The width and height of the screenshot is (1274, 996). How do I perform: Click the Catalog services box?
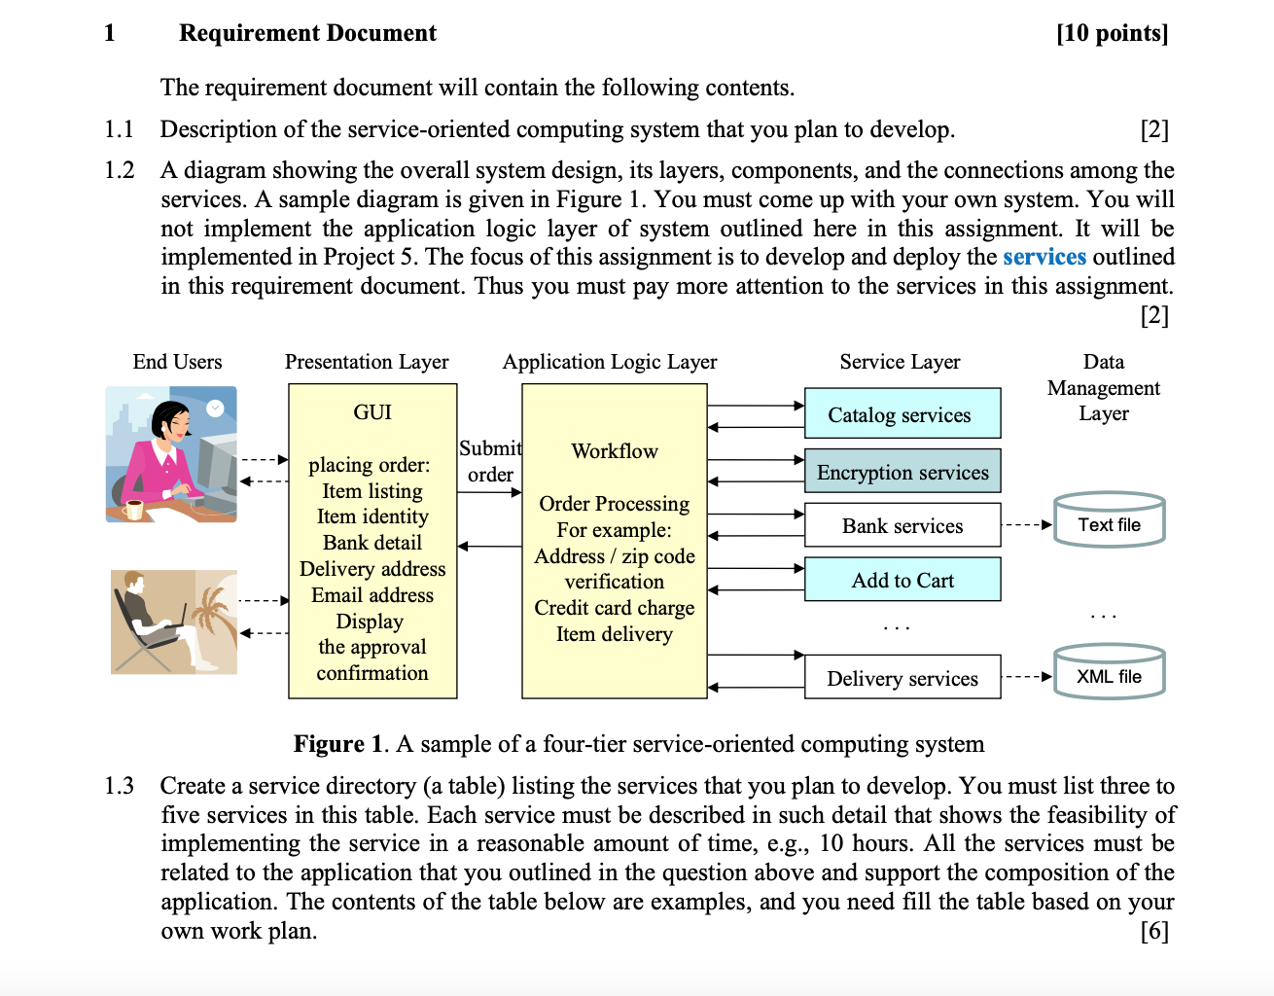[x=902, y=414]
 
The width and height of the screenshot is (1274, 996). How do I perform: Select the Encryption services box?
[x=902, y=472]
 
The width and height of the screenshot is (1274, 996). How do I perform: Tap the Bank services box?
[x=902, y=526]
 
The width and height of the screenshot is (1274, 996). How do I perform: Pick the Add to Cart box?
[x=902, y=581]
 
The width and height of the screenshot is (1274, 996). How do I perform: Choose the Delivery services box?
[x=902, y=678]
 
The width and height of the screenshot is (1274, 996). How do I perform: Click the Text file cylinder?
[x=1109, y=520]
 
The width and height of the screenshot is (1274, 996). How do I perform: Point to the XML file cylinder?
[x=1109, y=672]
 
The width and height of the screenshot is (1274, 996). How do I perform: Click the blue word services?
[x=1044, y=257]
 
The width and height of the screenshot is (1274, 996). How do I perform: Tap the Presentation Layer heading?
[x=367, y=362]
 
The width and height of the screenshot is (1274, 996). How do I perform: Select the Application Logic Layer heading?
[x=610, y=362]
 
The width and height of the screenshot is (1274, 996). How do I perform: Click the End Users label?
[x=177, y=362]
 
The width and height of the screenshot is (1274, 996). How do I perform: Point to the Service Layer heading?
[x=900, y=362]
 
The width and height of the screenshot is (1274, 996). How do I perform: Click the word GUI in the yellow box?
[x=372, y=412]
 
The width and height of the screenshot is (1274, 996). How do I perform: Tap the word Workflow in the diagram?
[x=615, y=451]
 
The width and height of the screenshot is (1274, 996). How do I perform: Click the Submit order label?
[x=490, y=461]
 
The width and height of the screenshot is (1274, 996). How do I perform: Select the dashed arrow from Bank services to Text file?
[x=1027, y=525]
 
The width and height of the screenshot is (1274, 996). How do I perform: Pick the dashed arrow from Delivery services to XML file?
[x=1027, y=677]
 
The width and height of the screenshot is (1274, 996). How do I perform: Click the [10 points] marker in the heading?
[x=1112, y=33]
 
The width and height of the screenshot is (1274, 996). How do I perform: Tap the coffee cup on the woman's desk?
[x=134, y=508]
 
